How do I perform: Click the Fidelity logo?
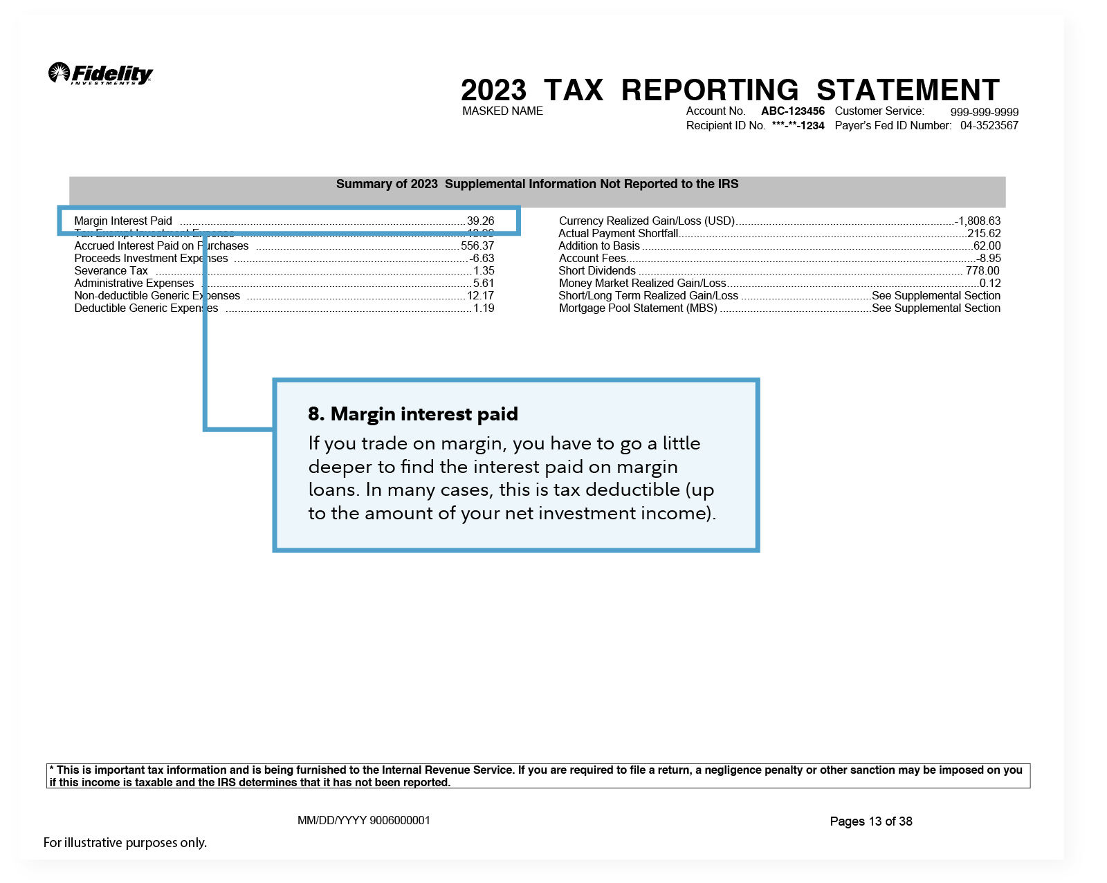[x=101, y=73]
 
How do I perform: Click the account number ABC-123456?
[x=792, y=111]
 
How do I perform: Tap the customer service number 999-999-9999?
[x=984, y=112]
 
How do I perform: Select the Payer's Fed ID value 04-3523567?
[x=989, y=126]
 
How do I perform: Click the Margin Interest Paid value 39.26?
[x=480, y=221]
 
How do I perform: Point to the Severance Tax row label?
[x=111, y=271]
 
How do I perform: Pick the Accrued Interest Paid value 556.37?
[x=477, y=246]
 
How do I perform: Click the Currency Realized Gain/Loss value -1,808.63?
[x=978, y=221]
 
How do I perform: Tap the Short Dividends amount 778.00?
[x=982, y=271]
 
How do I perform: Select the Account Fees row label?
[x=592, y=259]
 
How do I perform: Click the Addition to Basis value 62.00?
[x=987, y=246]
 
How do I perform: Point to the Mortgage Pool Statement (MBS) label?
[x=638, y=308]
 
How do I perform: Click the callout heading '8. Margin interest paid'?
[x=413, y=414]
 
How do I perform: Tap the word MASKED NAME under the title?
[x=502, y=111]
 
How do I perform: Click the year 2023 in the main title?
[x=493, y=91]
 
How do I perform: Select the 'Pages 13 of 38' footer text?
[x=870, y=821]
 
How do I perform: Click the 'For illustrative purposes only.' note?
[x=125, y=843]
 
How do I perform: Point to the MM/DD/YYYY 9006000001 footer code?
[x=363, y=821]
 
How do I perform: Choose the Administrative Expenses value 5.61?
[x=484, y=284]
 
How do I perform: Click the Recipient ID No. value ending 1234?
[x=798, y=126]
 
